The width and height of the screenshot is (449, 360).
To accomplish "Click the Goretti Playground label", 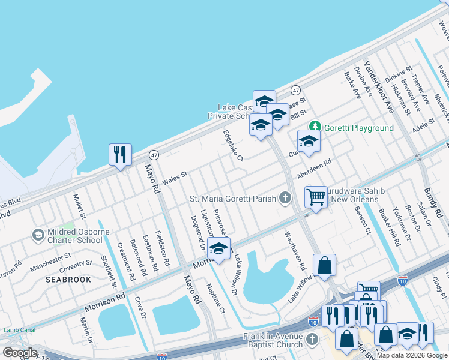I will tap(359, 128).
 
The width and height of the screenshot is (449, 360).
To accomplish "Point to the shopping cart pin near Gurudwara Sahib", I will tap(316, 197).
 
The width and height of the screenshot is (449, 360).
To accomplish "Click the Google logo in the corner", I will tap(20, 352).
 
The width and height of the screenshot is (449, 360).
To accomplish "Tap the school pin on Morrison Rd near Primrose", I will tap(219, 248).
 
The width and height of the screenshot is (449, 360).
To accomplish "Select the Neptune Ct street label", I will tap(215, 298).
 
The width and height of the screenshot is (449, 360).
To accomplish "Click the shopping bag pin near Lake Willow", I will tap(324, 266).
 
